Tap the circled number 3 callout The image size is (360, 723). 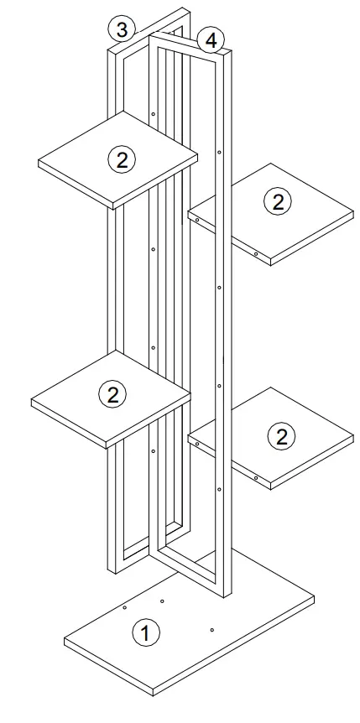(x=123, y=30)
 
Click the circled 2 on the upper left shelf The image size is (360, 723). (x=123, y=159)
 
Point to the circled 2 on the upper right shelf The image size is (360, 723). (x=277, y=201)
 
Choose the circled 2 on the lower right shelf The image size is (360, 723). (x=281, y=435)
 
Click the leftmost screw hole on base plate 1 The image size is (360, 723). (x=124, y=606)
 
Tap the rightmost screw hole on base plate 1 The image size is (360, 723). (x=212, y=629)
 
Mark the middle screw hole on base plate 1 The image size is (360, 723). (x=163, y=601)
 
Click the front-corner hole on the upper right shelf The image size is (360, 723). (x=256, y=252)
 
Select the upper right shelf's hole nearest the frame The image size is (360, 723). (x=196, y=220)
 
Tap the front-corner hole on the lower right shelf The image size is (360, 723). (x=256, y=478)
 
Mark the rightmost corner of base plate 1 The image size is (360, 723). (x=314, y=600)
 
